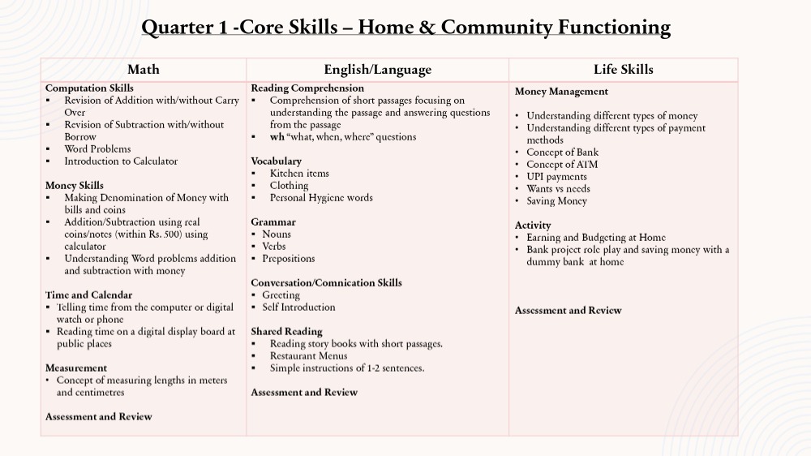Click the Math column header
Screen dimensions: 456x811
pos(144,70)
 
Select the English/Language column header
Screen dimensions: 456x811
pos(377,70)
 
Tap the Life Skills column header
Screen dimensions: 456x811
pos(623,70)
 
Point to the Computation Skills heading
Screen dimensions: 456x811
pos(89,88)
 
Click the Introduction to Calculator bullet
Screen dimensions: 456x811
pos(121,161)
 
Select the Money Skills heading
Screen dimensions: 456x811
pos(74,186)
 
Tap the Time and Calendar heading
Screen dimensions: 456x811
pos(88,295)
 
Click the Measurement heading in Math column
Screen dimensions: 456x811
pos(76,368)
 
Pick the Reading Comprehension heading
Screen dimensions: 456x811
pos(307,88)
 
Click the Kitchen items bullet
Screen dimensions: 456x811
pos(299,174)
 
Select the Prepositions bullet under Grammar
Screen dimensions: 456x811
pos(289,259)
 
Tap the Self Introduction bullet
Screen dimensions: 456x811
pos(298,308)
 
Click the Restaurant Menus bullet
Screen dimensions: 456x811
pos(308,356)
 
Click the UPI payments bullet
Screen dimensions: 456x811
pos(556,177)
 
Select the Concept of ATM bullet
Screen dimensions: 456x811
pos(562,165)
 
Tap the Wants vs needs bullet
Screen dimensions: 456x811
pos(558,189)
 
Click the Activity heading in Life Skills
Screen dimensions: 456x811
pos(533,226)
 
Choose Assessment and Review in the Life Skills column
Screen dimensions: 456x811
pos(568,311)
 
